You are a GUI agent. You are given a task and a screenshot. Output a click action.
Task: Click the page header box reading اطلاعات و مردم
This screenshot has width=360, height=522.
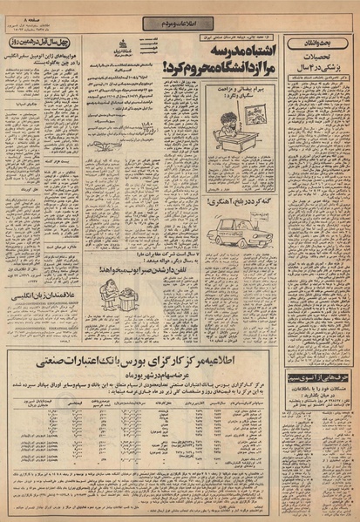coord(180,10)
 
